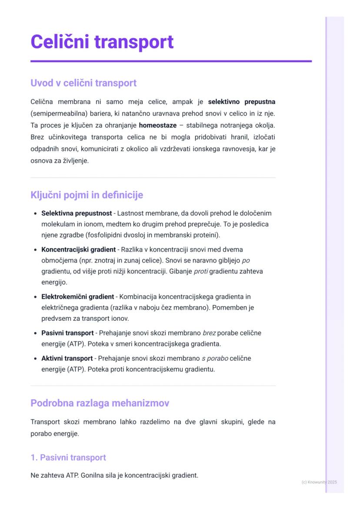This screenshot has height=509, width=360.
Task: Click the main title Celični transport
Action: (x=102, y=42)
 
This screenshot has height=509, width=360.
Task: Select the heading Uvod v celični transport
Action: (x=83, y=83)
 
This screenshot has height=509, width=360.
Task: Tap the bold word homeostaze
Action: (x=158, y=126)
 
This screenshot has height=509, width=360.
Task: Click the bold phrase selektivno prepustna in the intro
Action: (x=241, y=102)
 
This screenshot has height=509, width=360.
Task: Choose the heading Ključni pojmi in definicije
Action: (x=87, y=195)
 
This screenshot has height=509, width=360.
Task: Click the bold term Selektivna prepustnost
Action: (x=77, y=213)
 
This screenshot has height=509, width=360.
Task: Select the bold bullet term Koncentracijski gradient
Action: (x=78, y=250)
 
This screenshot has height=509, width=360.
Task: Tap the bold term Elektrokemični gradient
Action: (x=77, y=296)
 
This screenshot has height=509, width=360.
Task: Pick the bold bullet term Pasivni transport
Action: (x=67, y=333)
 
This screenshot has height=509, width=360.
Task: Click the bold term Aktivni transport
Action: (x=67, y=359)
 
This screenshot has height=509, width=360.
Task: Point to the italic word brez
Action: (x=209, y=333)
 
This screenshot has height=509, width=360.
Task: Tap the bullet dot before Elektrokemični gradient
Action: (x=35, y=297)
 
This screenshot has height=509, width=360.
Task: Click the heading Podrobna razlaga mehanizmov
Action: (x=100, y=403)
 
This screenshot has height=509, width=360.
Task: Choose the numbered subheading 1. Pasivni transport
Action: (x=68, y=457)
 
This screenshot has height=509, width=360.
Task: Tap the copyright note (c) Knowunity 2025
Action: (x=319, y=482)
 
